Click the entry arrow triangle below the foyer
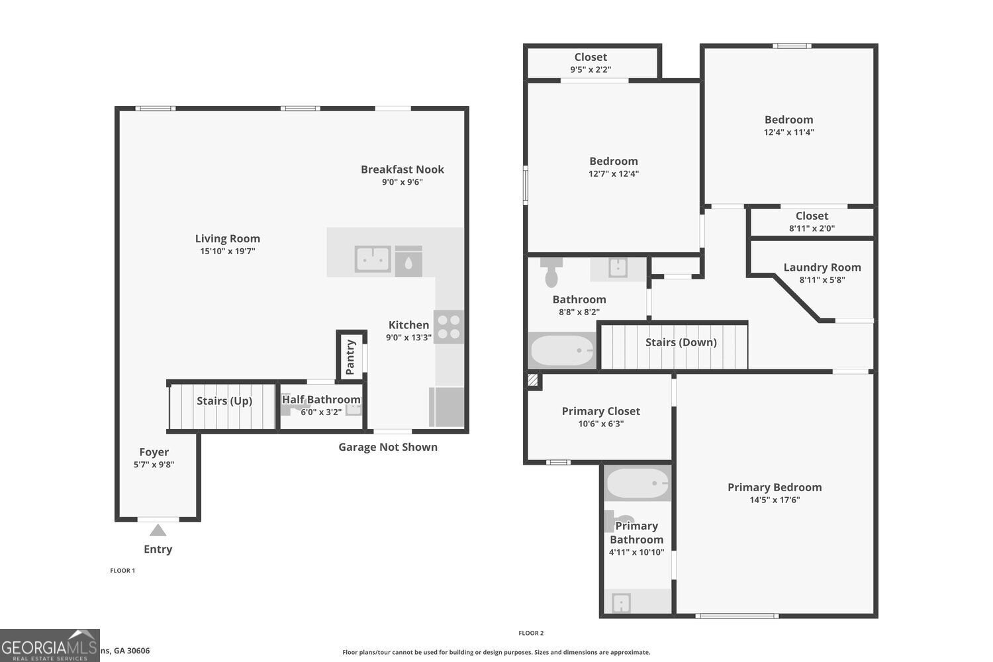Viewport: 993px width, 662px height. tap(158, 530)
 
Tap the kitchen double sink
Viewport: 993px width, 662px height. tap(373, 259)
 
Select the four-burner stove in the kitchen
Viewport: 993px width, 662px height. tap(449, 327)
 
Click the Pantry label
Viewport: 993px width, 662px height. tap(350, 357)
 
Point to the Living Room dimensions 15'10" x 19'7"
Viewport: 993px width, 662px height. tap(228, 251)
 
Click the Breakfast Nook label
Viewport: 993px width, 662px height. tap(402, 169)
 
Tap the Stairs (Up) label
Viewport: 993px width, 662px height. tap(224, 401)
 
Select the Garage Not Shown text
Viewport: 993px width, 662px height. tap(388, 447)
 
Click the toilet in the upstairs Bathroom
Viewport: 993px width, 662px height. tap(551, 272)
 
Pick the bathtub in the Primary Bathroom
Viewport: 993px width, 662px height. tap(638, 483)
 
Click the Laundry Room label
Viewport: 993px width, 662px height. tap(822, 267)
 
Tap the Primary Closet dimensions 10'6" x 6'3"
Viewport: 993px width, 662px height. tap(600, 424)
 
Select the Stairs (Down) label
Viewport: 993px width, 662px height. tap(681, 342)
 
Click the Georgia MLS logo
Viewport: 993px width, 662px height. tap(50, 645)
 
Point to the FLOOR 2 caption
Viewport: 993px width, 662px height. tap(531, 633)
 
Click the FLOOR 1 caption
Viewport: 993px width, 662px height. tap(122, 571)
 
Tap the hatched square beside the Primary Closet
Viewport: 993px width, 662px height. tap(532, 380)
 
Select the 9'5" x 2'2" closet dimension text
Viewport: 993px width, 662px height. tap(591, 70)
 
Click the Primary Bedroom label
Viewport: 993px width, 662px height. tap(775, 487)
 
